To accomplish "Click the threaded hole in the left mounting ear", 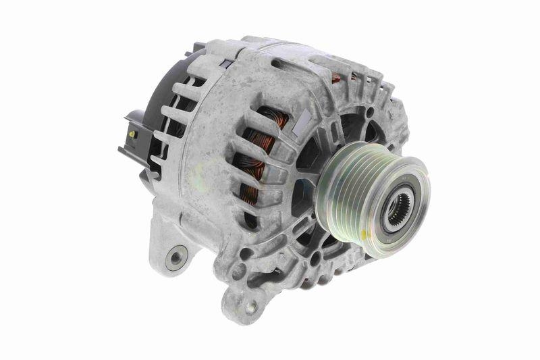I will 177,257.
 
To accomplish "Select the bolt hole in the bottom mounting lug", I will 250,306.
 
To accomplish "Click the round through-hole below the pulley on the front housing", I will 314,257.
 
